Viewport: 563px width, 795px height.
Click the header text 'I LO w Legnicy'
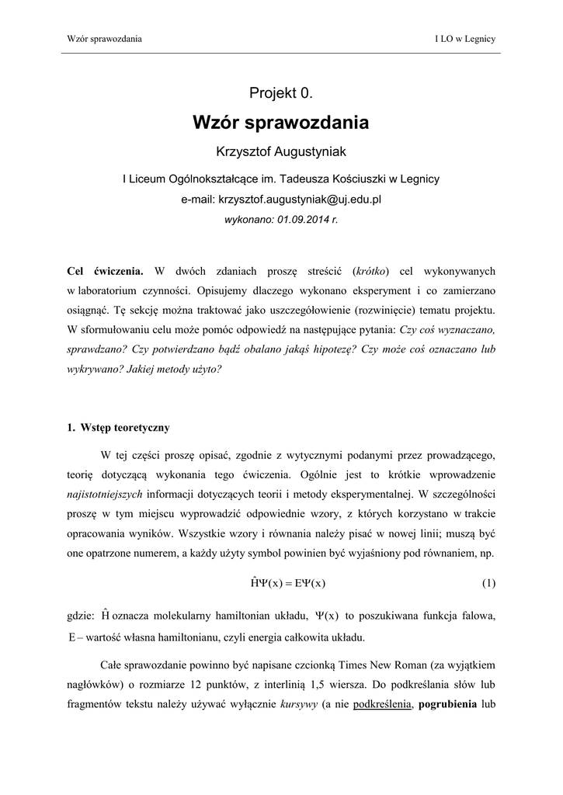tap(466, 39)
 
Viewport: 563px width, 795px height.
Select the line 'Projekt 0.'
tap(280, 94)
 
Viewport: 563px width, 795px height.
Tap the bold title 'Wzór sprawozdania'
tap(280, 123)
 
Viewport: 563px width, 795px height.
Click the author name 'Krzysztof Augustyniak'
tap(280, 151)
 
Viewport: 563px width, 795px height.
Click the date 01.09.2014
tap(297, 220)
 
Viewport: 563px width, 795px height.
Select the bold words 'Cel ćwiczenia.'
tap(105, 271)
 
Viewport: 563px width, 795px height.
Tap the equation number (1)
tap(488, 582)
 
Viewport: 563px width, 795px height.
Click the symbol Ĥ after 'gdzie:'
tap(104, 616)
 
